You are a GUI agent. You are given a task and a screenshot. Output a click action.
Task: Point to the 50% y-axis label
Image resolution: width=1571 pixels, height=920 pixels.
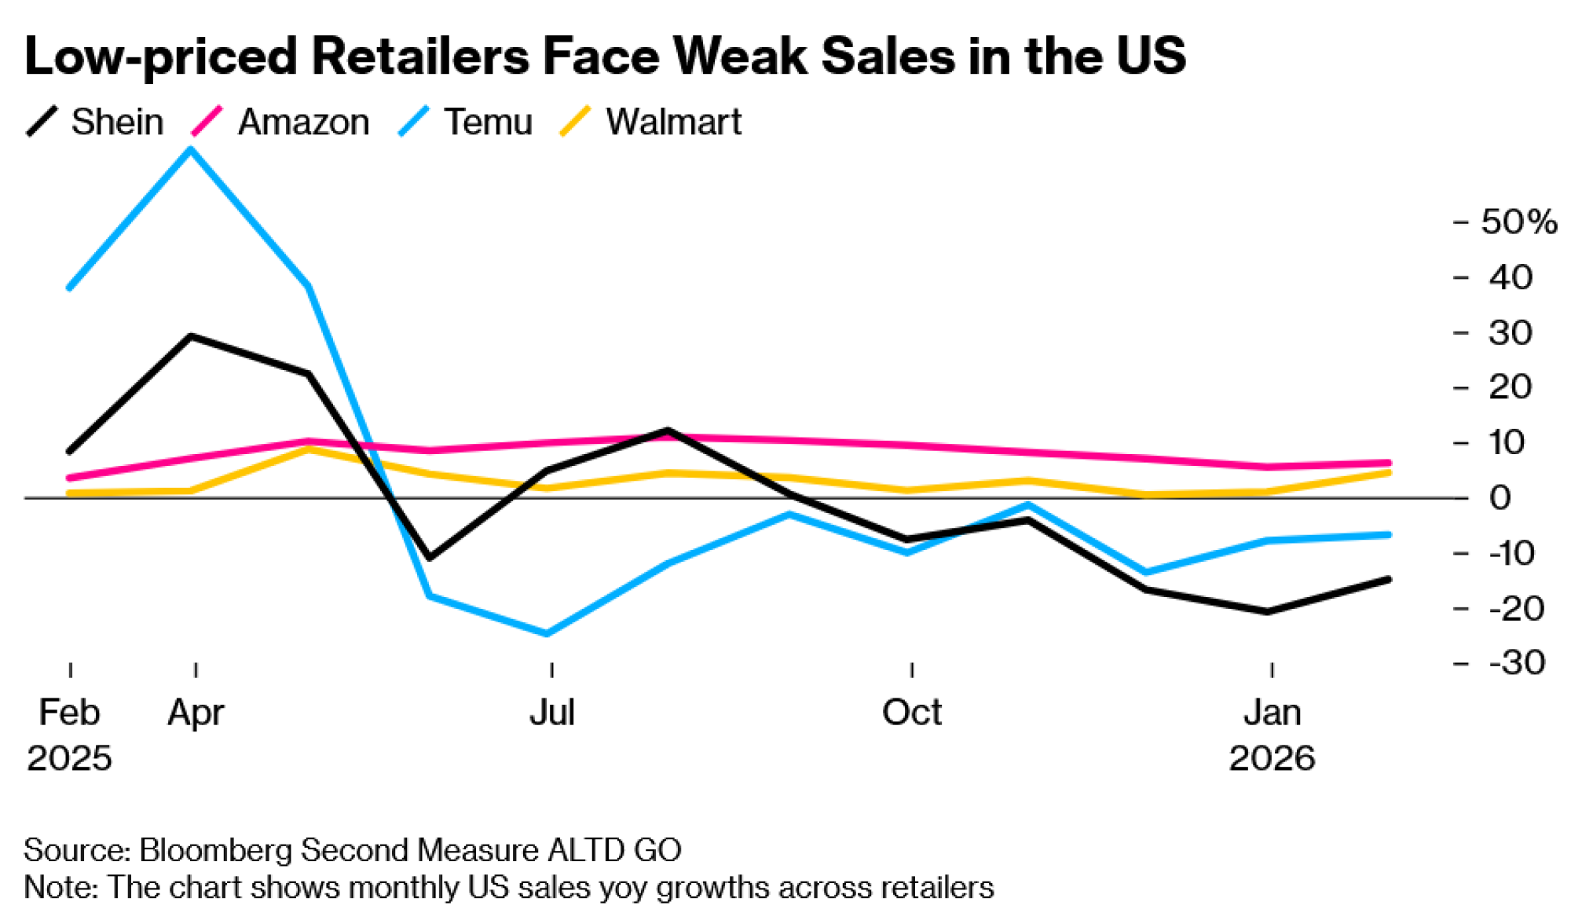[x=1518, y=222]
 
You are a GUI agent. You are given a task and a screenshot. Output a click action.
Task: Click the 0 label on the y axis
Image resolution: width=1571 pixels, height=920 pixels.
[x=1500, y=498]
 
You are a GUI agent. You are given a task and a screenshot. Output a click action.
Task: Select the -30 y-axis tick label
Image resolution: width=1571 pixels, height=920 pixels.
[x=1517, y=663]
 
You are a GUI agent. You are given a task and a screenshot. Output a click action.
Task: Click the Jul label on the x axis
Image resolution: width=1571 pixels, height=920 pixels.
[x=552, y=713]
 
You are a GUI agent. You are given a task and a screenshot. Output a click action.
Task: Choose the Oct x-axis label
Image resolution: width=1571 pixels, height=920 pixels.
[x=911, y=713]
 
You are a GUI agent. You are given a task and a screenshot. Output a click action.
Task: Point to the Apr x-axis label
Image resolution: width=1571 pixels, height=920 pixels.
[x=196, y=713]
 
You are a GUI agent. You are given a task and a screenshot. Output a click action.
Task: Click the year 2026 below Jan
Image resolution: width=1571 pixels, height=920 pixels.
[x=1272, y=758]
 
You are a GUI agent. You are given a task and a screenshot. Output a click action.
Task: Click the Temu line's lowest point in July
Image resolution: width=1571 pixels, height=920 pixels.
[x=547, y=633]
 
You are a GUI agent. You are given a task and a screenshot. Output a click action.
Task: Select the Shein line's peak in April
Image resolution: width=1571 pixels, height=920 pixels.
[x=191, y=336]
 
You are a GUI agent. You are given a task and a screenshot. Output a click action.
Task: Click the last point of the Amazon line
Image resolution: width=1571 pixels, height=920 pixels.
[x=1389, y=463]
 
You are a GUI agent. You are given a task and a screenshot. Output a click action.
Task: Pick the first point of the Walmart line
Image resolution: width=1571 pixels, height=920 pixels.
[x=70, y=493]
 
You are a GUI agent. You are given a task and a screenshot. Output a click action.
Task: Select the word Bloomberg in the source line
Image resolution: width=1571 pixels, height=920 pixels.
[x=217, y=850]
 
